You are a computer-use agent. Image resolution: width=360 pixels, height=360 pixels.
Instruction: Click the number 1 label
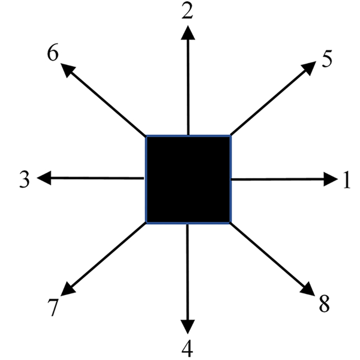point(346,180)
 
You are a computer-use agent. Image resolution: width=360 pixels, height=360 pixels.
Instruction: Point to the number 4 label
point(188,348)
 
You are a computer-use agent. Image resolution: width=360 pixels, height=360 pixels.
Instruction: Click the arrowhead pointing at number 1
point(330,179)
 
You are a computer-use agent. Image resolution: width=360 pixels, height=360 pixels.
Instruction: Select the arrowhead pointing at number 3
point(44,178)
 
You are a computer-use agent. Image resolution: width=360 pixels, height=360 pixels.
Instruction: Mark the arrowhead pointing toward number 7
point(68,290)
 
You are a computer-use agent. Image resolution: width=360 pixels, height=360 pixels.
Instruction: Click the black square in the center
point(188,179)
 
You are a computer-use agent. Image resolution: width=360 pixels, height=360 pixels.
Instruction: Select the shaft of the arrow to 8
point(267,255)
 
